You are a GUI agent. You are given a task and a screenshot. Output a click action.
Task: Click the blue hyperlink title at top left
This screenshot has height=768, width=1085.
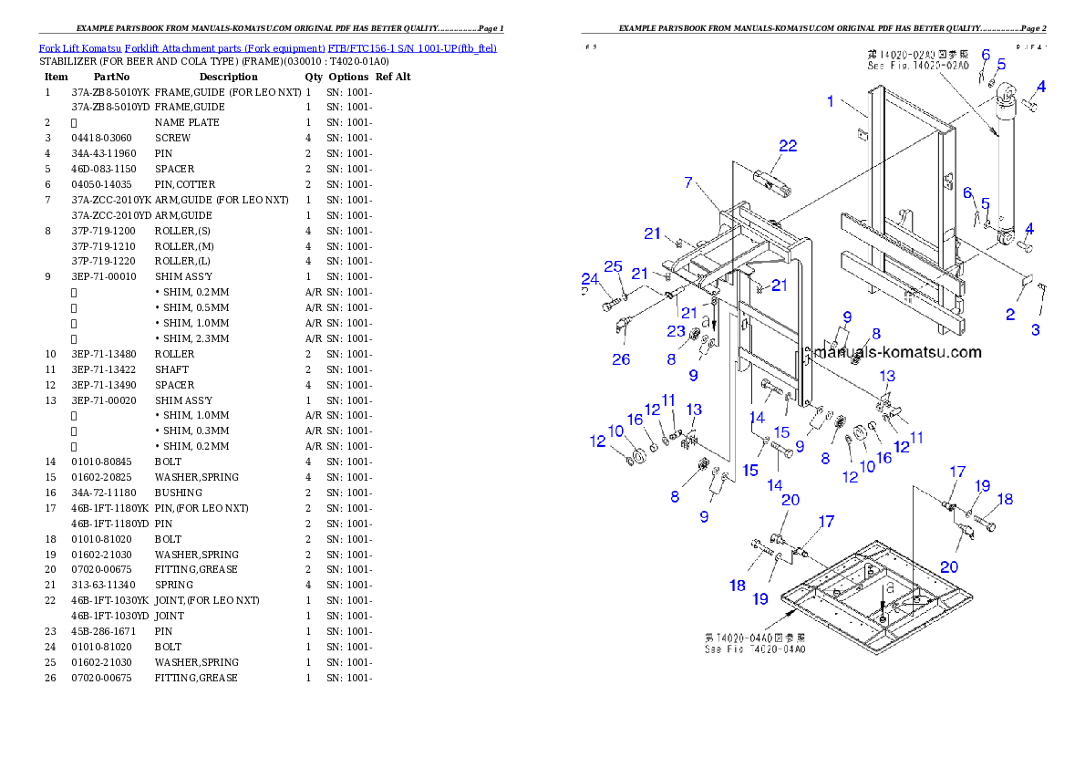[267, 47]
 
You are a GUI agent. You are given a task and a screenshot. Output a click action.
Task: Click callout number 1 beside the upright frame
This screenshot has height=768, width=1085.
[831, 101]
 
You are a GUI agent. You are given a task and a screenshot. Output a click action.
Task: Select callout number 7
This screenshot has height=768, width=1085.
[689, 182]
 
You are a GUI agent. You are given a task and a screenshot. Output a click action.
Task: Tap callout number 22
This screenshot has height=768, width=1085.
[787, 146]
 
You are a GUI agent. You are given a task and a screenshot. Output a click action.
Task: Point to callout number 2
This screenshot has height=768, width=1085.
[1010, 315]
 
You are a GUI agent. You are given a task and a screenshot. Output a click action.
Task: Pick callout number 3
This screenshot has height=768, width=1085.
[1036, 329]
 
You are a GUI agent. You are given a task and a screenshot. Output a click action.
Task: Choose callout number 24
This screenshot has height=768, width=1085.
[590, 278]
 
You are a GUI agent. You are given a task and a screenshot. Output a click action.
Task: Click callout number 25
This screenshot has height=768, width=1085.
[614, 266]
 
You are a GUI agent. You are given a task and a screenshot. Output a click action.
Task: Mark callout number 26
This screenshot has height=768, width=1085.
[621, 359]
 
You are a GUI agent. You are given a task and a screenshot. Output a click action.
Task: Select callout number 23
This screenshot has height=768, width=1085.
[676, 331]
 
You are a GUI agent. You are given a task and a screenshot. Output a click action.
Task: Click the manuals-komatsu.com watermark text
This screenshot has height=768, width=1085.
[897, 352]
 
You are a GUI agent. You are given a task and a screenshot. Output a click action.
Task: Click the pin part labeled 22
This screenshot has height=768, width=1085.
[770, 186]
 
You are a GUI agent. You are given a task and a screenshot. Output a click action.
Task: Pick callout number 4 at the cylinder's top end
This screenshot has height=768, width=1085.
[1040, 88]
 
